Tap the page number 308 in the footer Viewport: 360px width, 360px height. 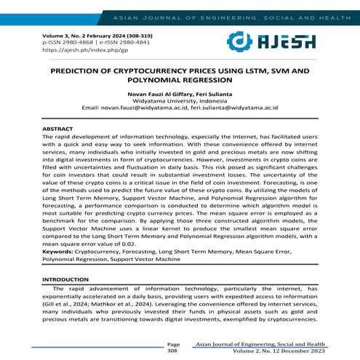click(172, 350)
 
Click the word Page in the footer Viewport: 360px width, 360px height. click(173, 343)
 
